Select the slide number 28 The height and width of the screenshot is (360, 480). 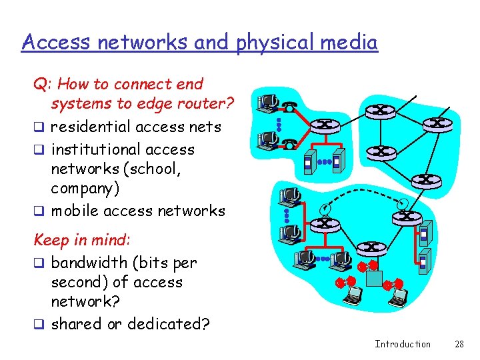coord(459,344)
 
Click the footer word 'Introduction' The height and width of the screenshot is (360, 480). coord(403,344)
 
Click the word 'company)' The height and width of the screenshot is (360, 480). coord(85,189)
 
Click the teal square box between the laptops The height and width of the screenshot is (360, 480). coord(374,277)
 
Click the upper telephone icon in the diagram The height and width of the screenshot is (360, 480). coord(291,106)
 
